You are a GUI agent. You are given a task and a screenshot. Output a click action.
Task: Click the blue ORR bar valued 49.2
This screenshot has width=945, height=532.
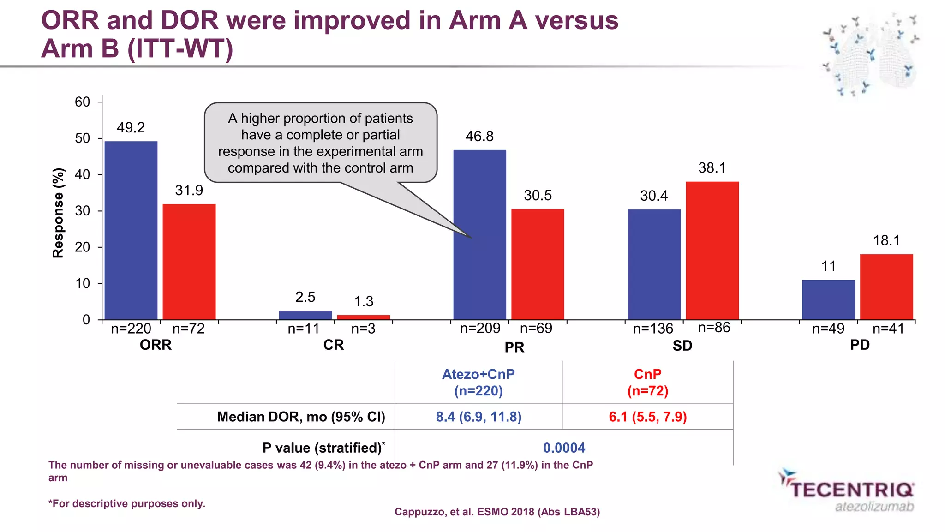click(131, 230)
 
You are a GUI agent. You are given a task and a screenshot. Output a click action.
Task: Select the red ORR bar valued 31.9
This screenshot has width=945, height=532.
click(189, 262)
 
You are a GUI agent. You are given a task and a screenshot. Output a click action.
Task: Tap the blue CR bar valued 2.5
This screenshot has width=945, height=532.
click(305, 315)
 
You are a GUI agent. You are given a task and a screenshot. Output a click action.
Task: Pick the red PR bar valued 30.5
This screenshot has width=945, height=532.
click(538, 264)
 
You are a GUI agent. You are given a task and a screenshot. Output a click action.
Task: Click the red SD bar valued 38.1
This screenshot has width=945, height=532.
click(712, 251)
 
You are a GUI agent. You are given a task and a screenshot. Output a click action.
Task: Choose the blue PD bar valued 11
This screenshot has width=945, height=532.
click(828, 299)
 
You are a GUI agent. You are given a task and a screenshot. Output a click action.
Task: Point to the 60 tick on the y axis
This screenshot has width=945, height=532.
click(83, 102)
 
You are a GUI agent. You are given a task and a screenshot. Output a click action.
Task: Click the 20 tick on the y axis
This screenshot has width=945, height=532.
click(83, 247)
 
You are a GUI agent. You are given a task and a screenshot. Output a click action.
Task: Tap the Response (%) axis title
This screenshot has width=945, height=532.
click(58, 213)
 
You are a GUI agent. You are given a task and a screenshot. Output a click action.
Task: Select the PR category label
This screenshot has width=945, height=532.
click(514, 347)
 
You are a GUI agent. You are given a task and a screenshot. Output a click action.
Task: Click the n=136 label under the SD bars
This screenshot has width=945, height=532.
click(653, 329)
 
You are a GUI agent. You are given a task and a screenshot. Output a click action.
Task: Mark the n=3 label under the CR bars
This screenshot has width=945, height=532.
click(363, 329)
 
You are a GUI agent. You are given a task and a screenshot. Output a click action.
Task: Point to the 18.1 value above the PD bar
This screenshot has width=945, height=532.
click(886, 240)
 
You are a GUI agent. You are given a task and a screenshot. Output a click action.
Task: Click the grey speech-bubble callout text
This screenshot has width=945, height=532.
click(320, 143)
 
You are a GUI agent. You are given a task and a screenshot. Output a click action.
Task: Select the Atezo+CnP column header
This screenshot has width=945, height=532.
click(478, 382)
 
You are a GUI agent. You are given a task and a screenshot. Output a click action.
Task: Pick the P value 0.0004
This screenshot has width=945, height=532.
click(564, 448)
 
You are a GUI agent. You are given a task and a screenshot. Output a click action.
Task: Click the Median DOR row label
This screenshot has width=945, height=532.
click(301, 417)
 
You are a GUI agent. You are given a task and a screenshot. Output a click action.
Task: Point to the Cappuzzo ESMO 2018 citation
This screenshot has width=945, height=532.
click(497, 512)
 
